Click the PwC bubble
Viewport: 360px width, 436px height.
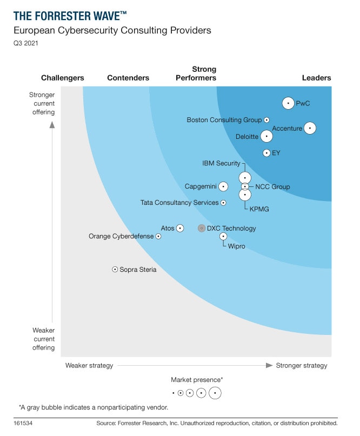(x=289, y=103)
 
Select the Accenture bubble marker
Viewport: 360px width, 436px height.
(x=310, y=128)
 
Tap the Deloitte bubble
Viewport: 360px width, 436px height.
(x=266, y=137)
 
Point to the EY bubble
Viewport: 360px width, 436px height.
(x=266, y=153)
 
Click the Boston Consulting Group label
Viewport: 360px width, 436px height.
(x=224, y=120)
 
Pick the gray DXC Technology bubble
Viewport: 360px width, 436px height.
(x=202, y=229)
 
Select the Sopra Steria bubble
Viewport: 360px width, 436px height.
(x=115, y=269)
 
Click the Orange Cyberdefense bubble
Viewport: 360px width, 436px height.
(x=158, y=236)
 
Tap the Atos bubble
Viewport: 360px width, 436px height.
(x=180, y=229)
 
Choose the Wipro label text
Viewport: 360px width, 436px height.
(x=236, y=246)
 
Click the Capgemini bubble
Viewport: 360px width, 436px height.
(x=223, y=186)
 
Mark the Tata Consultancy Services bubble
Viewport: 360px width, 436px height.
(x=224, y=203)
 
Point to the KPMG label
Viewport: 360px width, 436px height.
(x=259, y=209)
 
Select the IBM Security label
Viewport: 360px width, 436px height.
(x=221, y=163)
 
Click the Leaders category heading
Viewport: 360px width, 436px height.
(x=316, y=78)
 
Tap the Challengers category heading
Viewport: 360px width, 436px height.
(x=63, y=78)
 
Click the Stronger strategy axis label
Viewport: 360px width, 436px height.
(x=302, y=366)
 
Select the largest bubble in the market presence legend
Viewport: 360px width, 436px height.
(x=215, y=393)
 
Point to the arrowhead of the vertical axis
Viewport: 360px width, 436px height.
(x=52, y=125)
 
